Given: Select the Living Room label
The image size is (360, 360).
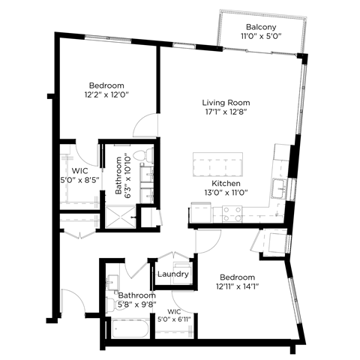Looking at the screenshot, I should pos(226,103).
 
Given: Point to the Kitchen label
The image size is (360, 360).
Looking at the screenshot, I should pos(225,183).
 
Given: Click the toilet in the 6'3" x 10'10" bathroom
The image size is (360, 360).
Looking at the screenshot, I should pos(148,157).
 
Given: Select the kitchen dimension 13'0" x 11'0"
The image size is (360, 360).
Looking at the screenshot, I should pos(225,193).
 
